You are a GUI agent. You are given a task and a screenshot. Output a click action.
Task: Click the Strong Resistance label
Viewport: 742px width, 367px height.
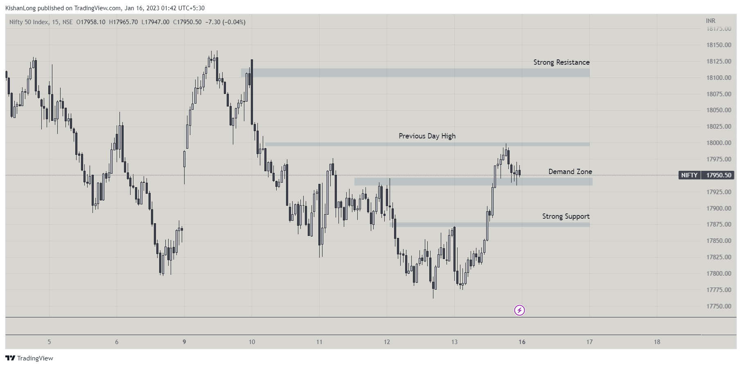pyautogui.click(x=561, y=62)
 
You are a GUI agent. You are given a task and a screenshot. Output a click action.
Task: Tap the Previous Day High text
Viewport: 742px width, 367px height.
pyautogui.click(x=427, y=136)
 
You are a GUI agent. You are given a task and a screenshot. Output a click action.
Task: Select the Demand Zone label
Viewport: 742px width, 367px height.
pyautogui.click(x=570, y=172)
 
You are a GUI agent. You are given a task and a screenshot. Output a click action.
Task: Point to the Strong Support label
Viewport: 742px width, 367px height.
pyautogui.click(x=566, y=216)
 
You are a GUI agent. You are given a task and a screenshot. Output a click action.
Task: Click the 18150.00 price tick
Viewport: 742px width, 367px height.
pyautogui.click(x=719, y=45)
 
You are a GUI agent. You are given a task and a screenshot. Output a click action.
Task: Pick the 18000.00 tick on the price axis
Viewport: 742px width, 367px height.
pyautogui.click(x=719, y=143)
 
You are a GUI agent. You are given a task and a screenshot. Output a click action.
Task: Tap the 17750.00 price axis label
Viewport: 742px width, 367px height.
pyautogui.click(x=719, y=306)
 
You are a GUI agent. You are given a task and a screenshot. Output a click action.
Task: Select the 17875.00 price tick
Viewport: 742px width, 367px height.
pyautogui.click(x=719, y=224)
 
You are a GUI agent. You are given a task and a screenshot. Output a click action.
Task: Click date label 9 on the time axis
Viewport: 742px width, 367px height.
pyautogui.click(x=184, y=342)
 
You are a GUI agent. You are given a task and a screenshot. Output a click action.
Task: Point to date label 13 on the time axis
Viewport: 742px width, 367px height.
pyautogui.click(x=454, y=342)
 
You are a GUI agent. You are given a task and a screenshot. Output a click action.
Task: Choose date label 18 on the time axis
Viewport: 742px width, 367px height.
pyautogui.click(x=657, y=342)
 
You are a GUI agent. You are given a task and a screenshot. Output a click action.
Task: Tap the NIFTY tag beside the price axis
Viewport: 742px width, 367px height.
pyautogui.click(x=689, y=175)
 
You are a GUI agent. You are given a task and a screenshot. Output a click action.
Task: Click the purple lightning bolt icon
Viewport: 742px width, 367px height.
pyautogui.click(x=519, y=310)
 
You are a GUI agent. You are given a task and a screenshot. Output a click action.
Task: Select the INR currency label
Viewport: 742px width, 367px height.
pyautogui.click(x=710, y=21)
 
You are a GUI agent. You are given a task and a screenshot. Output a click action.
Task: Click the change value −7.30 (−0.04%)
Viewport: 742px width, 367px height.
pyautogui.click(x=225, y=22)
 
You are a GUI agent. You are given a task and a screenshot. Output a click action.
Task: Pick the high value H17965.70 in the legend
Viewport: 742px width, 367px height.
pyautogui.click(x=123, y=22)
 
